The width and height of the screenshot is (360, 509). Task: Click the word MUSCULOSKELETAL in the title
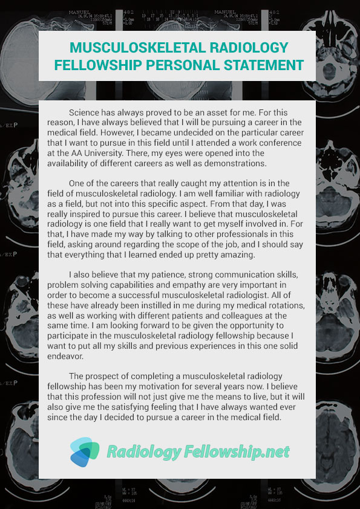[133, 48]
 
